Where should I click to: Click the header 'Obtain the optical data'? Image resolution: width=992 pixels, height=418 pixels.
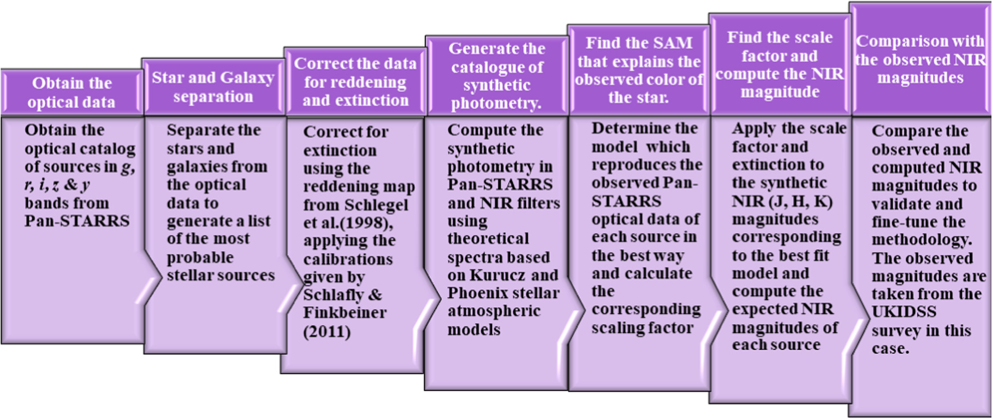(72, 93)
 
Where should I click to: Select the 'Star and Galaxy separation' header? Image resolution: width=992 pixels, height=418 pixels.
(213, 87)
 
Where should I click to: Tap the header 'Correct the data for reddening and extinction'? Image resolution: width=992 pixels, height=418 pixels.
(355, 82)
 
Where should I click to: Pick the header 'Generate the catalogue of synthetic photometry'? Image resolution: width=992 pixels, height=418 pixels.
(497, 76)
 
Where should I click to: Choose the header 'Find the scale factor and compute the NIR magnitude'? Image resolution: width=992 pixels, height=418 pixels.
(780, 65)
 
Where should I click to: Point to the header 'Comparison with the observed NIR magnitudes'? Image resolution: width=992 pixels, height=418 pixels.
(920, 59)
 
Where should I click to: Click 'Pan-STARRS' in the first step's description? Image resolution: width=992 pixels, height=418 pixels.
(77, 221)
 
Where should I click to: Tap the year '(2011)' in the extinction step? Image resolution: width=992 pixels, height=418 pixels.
(327, 332)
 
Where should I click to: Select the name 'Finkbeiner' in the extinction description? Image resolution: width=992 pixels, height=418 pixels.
(345, 313)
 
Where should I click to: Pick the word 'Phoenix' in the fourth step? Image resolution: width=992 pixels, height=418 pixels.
(473, 294)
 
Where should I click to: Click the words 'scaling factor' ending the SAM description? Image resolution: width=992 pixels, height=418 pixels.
(642, 328)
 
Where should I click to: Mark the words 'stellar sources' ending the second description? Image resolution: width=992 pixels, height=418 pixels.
(221, 275)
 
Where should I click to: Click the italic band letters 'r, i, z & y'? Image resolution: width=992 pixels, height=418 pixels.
(57, 185)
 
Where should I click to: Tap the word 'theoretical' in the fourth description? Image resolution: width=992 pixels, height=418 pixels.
(488, 239)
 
